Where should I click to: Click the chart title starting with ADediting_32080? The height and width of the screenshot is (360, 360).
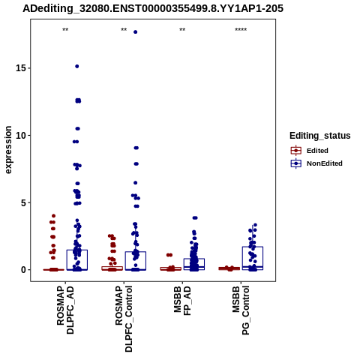click(153, 8)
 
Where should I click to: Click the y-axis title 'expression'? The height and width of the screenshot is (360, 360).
click(8, 150)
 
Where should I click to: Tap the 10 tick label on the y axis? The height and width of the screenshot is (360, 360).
click(21, 135)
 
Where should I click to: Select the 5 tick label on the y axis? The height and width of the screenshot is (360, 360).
click(23, 202)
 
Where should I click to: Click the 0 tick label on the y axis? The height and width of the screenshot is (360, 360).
click(23, 270)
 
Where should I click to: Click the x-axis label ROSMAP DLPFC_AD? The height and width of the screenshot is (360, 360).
click(65, 310)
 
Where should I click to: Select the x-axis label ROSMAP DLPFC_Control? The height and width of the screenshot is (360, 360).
click(124, 319)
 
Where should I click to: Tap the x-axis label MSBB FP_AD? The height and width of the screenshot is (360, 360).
click(182, 301)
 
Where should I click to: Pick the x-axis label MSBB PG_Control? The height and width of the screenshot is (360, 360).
click(241, 310)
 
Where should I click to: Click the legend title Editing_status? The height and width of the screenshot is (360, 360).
click(320, 136)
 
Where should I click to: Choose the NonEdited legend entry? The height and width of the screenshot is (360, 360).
click(316, 163)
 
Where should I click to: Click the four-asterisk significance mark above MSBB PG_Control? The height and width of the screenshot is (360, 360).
click(241, 29)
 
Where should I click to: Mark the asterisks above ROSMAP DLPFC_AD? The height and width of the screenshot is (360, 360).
click(65, 29)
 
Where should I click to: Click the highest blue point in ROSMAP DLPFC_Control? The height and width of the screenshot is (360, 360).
click(136, 32)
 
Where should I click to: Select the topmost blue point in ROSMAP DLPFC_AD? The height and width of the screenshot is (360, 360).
click(77, 66)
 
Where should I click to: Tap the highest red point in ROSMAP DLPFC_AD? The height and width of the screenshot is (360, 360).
click(53, 216)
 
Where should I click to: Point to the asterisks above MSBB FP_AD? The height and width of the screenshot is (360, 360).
click(182, 29)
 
